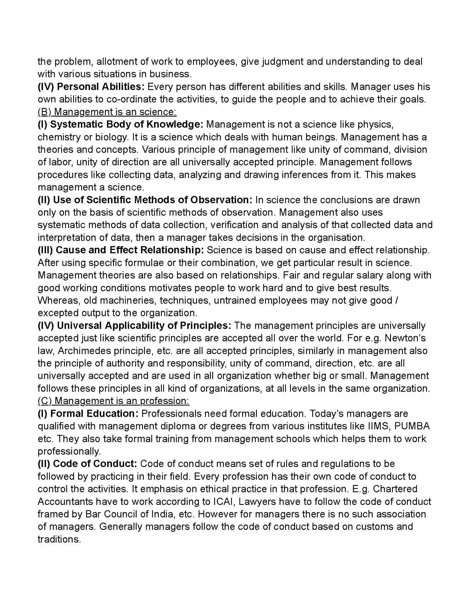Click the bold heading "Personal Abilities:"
pyautogui.click(x=101, y=87)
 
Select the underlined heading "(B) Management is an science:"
pyautogui.click(x=107, y=112)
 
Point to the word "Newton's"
pyautogui.click(x=405, y=338)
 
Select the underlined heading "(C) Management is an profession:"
pyautogui.click(x=114, y=401)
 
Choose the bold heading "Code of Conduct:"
pyautogui.click(x=95, y=464)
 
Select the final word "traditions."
pyautogui.click(x=59, y=539)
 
